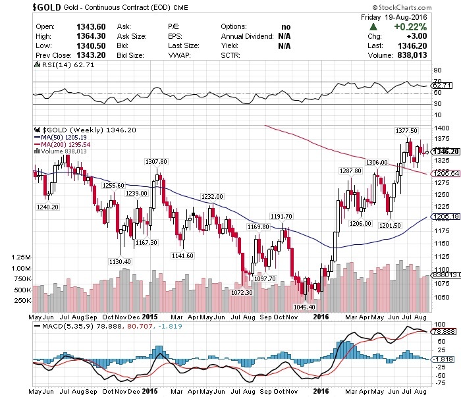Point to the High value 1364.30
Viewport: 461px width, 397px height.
coord(88,36)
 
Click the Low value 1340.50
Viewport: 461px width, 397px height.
coord(88,45)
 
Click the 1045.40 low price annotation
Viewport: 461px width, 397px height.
coord(304,306)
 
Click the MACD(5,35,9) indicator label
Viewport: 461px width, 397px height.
coord(68,325)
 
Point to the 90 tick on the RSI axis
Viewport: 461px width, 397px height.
coord(437,69)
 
